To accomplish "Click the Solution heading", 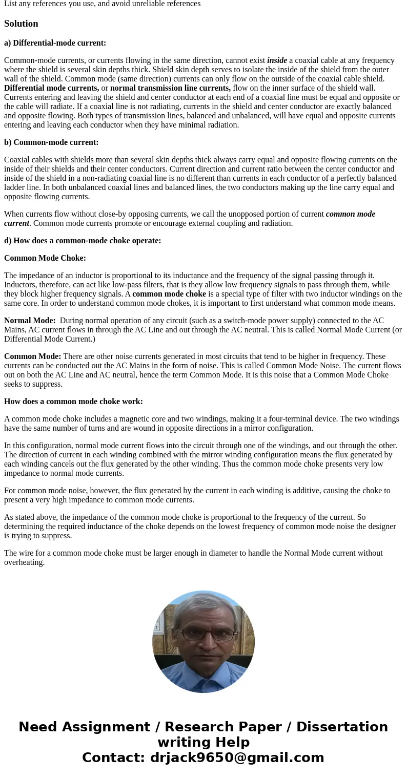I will tap(21, 24).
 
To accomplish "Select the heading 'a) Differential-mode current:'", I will tap(55, 43).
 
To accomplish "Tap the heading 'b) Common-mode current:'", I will tap(51, 142).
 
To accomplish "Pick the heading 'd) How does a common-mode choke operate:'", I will tap(83, 241).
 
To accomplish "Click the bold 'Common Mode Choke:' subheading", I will tap(45, 258).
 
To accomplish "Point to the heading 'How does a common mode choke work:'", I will tap(73, 402).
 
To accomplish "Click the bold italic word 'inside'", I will tap(277, 60).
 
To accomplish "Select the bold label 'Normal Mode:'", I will tap(30, 321).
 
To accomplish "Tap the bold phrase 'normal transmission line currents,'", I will tap(170, 88).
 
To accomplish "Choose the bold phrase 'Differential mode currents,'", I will tap(51, 88).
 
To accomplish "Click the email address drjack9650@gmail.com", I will tap(237, 757).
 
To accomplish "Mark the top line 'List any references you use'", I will tap(56, 4).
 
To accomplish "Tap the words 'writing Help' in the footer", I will tap(203, 742).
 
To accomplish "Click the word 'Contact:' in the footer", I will tap(114, 757).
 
